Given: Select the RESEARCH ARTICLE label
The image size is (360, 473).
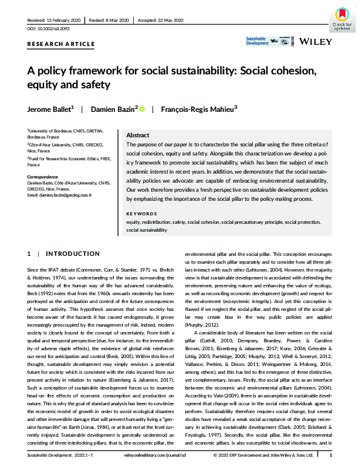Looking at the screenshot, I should pyautogui.click(x=61, y=44).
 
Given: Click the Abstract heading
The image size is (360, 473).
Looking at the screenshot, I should pyautogui.click(x=137, y=136).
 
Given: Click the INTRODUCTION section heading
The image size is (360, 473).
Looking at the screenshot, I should pyautogui.click(x=73, y=253).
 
